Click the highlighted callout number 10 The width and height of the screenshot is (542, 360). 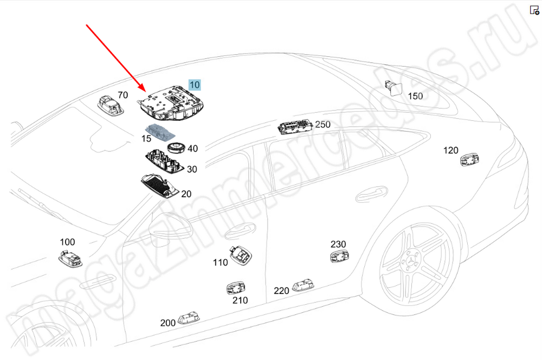pos(195,85)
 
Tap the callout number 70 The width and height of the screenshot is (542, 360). pos(123,95)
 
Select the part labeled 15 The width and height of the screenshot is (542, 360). pos(159,132)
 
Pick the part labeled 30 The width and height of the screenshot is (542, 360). pos(163,161)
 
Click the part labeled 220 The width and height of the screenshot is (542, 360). pos(304,285)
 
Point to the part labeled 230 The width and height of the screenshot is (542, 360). pos(339,256)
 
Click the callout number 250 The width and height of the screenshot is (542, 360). pos(322,124)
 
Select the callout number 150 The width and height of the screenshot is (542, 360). pos(415,97)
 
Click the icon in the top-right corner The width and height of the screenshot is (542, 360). pos(533,10)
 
